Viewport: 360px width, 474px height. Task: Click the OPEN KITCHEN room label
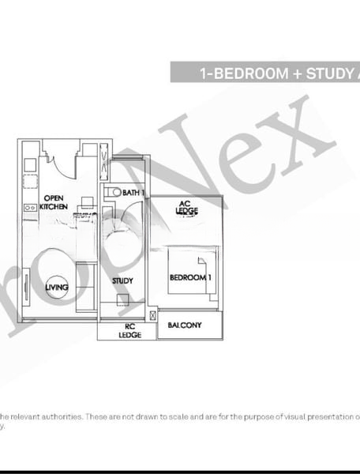pyautogui.click(x=54, y=201)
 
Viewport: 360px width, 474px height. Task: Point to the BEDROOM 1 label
pyautogui.click(x=190, y=278)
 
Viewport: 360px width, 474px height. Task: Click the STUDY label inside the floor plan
pyautogui.click(x=122, y=280)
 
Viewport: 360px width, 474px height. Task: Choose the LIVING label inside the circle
pyautogui.click(x=56, y=288)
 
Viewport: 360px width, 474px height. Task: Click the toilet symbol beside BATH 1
pyautogui.click(x=114, y=192)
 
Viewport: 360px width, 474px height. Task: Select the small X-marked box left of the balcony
pyautogui.click(x=151, y=324)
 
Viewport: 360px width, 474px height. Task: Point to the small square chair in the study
pyautogui.click(x=121, y=299)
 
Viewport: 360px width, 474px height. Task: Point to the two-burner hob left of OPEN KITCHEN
pyautogui.click(x=28, y=207)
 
